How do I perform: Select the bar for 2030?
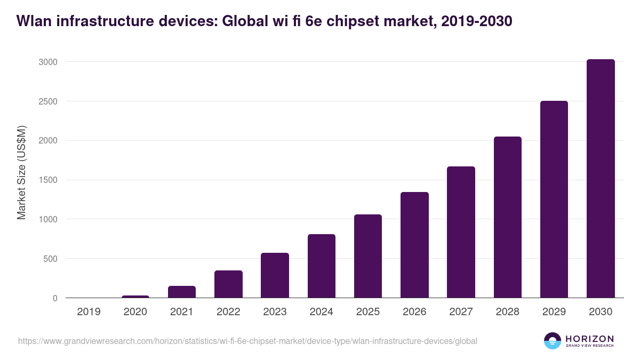[601, 179]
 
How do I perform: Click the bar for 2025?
[368, 256]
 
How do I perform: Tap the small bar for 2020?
[135, 297]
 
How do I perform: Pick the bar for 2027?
[461, 232]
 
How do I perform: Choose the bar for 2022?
[228, 284]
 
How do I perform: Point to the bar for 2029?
[554, 199]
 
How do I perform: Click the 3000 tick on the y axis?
[47, 62]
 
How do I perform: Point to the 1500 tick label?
[47, 180]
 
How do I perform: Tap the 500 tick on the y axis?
[50, 259]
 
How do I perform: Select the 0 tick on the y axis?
[55, 298]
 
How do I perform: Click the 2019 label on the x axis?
[89, 312]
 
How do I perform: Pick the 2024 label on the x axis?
[321, 312]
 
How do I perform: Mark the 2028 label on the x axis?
[507, 312]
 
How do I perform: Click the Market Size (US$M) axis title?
[22, 172]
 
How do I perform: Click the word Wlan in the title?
[31, 21]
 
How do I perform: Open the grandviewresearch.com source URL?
[247, 341]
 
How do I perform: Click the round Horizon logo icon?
[553, 341]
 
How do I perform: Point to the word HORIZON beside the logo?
[589, 339]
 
